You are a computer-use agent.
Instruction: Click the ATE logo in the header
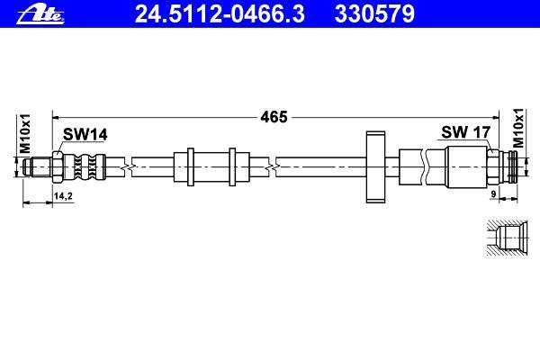click(x=40, y=14)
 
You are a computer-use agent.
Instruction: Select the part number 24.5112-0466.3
click(x=220, y=14)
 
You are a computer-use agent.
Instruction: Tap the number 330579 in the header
click(x=374, y=14)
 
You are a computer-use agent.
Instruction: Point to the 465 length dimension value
click(x=274, y=117)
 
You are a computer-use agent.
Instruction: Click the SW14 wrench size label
click(x=85, y=134)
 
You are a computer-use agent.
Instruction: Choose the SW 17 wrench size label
click(x=465, y=132)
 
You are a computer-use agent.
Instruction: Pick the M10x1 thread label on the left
click(x=25, y=134)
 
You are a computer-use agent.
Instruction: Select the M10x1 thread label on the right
click(x=517, y=128)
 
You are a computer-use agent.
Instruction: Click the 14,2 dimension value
click(x=63, y=196)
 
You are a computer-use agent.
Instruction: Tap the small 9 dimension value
click(x=493, y=194)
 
